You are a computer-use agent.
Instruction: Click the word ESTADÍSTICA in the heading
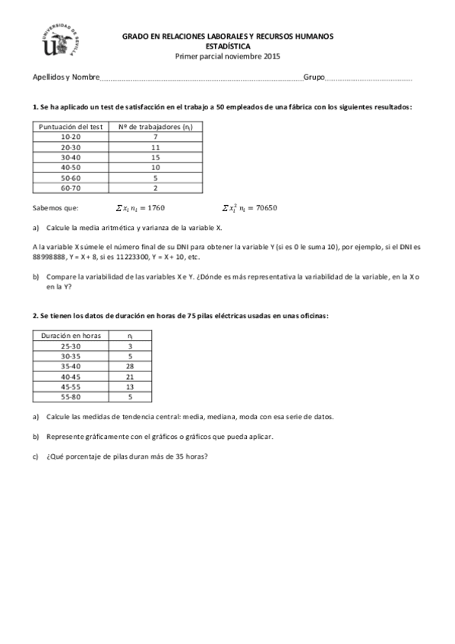point(228,46)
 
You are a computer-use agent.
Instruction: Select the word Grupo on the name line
point(314,77)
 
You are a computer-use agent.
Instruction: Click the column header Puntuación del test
point(70,127)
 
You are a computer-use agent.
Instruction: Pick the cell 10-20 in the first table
point(70,137)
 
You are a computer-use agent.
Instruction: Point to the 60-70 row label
point(70,187)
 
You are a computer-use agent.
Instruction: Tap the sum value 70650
point(269,207)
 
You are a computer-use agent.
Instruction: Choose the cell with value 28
point(130,365)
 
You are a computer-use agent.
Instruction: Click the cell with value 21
point(130,376)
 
